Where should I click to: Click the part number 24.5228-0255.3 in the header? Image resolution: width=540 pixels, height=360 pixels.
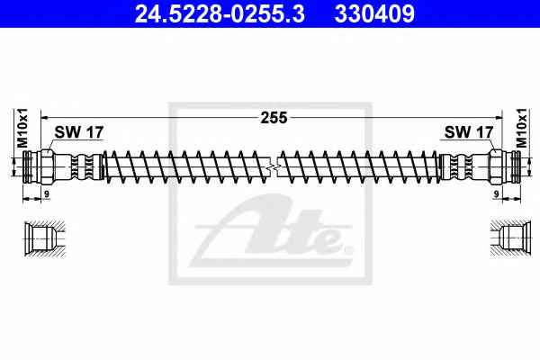pos(220,13)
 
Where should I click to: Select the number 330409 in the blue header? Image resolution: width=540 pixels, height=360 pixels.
pos(374,13)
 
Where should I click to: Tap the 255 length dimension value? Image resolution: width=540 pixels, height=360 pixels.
pos(274,118)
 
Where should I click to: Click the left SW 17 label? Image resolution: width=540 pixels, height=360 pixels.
pos(79,132)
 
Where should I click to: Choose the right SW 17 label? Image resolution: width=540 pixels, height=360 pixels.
pos(469,132)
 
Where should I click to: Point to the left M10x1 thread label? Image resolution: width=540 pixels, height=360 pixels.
pos(22,128)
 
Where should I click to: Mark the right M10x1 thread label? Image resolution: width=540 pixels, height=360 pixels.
pos(521,128)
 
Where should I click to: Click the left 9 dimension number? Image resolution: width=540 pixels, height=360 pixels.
pos(47,194)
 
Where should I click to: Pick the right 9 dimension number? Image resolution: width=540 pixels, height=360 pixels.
pos(496,194)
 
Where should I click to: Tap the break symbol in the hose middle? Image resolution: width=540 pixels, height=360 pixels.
pos(273,167)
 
